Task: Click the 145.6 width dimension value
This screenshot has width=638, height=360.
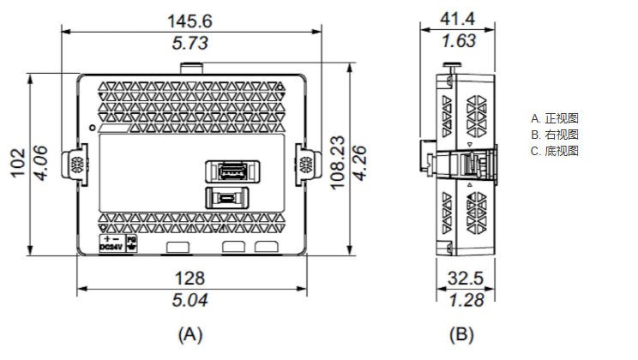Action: (x=190, y=21)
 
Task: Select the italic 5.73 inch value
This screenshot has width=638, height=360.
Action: (x=190, y=43)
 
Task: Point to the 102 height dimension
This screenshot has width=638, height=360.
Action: (x=17, y=163)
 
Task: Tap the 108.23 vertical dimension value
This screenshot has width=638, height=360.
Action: (x=337, y=163)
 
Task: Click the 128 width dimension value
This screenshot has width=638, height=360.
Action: (x=190, y=279)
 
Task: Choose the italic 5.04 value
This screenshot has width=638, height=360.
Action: (x=190, y=300)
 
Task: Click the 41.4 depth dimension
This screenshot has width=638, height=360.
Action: (x=458, y=19)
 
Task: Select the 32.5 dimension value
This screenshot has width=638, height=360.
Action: (x=466, y=279)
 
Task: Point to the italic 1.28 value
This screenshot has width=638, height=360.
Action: (x=466, y=300)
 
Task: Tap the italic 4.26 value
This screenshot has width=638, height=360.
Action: (x=359, y=163)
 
